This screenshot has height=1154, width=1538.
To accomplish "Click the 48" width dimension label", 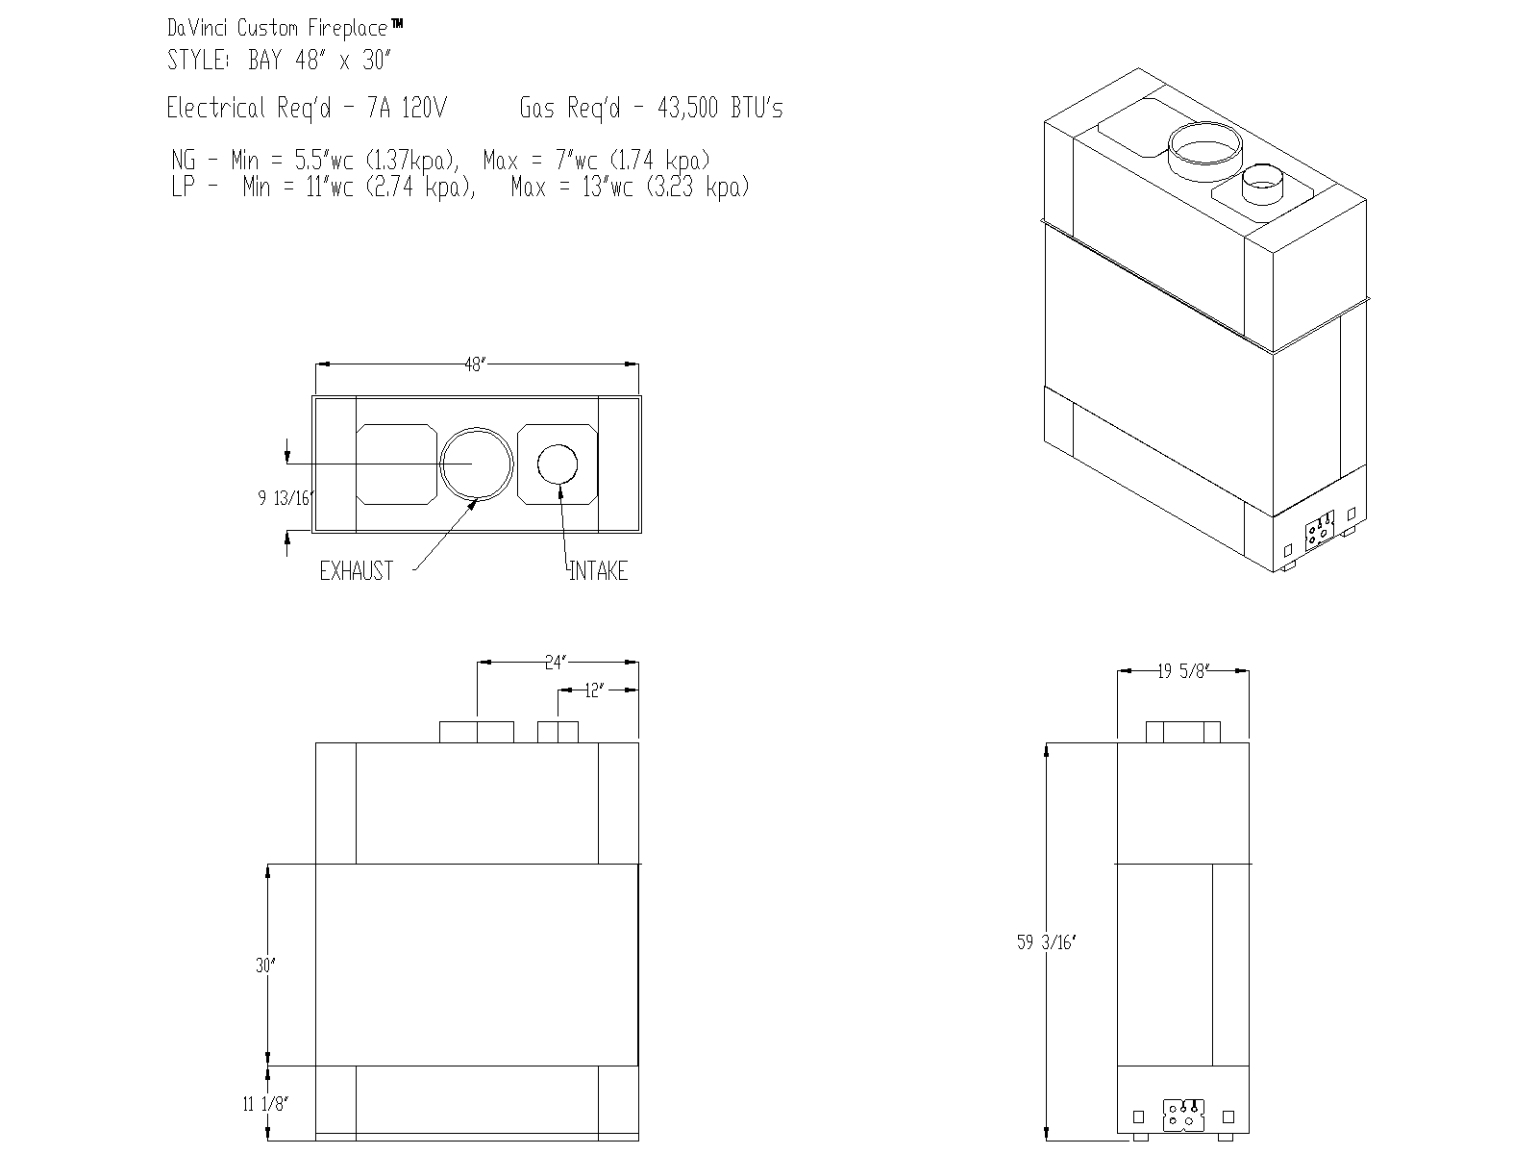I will tap(475, 365).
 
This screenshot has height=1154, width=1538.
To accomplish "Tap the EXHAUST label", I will tap(356, 571).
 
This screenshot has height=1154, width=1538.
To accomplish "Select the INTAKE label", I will tap(598, 571).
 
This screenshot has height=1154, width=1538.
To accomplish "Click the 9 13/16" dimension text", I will tap(285, 498).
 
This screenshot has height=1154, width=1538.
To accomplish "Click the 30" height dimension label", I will tap(265, 966).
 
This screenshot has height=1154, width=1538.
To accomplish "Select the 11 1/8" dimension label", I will tap(265, 1104).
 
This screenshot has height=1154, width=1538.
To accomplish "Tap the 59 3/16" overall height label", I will tap(1047, 943).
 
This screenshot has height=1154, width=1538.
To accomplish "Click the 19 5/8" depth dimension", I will tap(1181, 672).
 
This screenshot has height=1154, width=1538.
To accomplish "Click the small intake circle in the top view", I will tap(558, 464).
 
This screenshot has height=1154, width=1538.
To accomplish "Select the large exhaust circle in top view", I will tap(476, 464).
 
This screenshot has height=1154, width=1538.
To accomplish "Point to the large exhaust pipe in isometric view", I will tap(1204, 151).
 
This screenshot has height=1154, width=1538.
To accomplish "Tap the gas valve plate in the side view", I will tap(1182, 1116).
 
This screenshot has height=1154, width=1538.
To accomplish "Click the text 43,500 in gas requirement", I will tap(687, 108).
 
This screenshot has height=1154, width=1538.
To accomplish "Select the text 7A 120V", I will tap(407, 108).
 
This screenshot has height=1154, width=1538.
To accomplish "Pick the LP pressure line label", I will tap(183, 187).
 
